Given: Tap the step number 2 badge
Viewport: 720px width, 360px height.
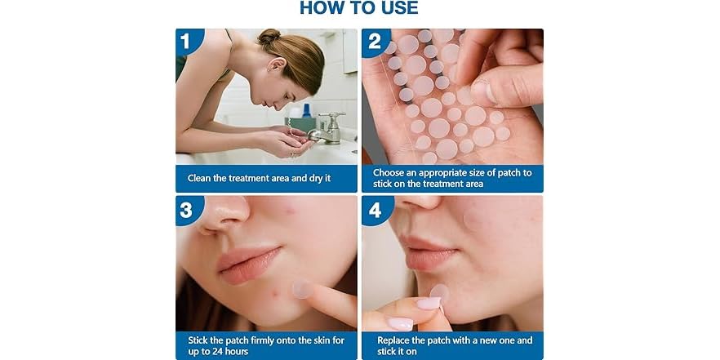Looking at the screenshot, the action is coord(374,42).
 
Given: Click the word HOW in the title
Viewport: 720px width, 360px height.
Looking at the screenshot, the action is coord(318,7).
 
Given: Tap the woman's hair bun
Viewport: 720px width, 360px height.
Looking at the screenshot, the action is coord(269,36).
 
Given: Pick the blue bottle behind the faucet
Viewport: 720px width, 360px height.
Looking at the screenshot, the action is coord(306,111).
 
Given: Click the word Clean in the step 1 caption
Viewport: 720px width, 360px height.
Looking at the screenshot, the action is coord(199,178).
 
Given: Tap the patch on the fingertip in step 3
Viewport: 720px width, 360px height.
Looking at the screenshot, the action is coord(301,289).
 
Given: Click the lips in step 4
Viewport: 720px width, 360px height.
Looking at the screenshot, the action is coord(426,253).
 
